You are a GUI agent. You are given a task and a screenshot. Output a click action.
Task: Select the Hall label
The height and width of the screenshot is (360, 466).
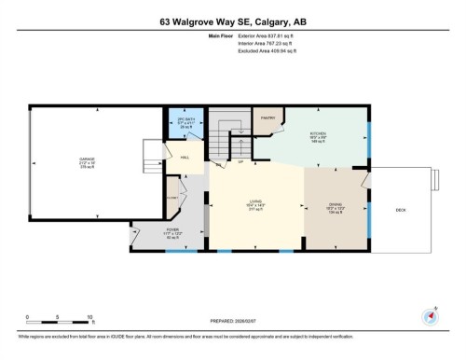pyautogui.click(x=185, y=158)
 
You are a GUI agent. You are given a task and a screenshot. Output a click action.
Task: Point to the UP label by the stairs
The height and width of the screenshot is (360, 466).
pyautogui.click(x=240, y=161)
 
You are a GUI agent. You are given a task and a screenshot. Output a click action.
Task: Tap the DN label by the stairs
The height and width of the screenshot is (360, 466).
pyautogui.click(x=218, y=165)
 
